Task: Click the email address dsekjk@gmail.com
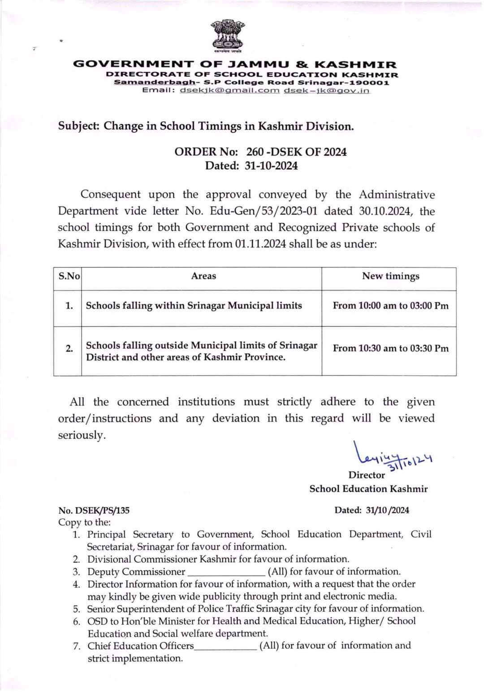[229, 91]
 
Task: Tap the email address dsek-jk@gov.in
[327, 91]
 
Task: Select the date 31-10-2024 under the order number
[271, 166]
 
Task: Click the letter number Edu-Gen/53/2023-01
[272, 211]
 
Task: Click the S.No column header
[69, 276]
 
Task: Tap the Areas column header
[203, 276]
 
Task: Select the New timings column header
[391, 276]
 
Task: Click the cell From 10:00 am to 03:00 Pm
[390, 306]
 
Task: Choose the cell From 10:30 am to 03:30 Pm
[390, 348]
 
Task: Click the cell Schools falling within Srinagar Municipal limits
[194, 306]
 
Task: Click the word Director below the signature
[367, 475]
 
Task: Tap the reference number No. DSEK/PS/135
[94, 510]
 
